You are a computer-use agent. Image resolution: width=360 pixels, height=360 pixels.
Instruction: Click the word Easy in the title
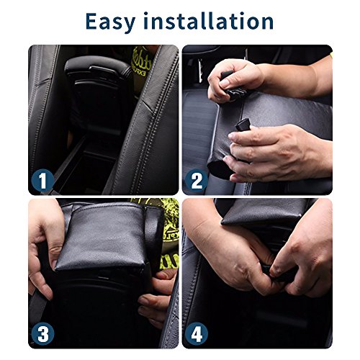click(110, 22)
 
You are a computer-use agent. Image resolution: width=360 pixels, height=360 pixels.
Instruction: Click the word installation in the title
click(209, 21)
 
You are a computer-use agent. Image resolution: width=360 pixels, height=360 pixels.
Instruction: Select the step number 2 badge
click(197, 180)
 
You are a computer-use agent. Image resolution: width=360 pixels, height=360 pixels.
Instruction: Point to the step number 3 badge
click(42, 334)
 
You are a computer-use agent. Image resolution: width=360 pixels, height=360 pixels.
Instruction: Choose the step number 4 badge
click(197, 334)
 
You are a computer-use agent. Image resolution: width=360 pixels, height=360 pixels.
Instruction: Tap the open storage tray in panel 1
click(86, 168)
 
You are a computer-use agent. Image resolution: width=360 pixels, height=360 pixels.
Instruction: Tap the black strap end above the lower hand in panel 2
click(242, 125)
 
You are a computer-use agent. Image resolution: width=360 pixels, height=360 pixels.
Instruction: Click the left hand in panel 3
click(45, 250)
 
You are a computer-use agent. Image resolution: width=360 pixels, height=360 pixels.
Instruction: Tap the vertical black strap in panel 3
click(153, 240)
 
